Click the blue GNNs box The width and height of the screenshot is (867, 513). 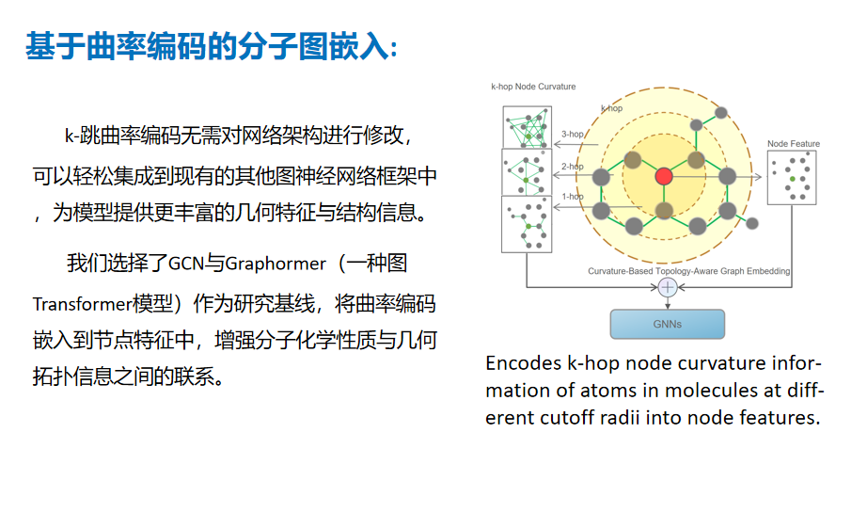(667, 324)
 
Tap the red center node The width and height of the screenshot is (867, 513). (664, 176)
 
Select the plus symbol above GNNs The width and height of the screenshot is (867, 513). (668, 287)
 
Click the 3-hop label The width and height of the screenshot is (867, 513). (573, 134)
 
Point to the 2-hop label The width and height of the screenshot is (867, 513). (573, 166)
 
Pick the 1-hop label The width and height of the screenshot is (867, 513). (573, 197)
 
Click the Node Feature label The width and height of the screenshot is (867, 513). (794, 144)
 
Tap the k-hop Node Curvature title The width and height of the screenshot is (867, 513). (533, 87)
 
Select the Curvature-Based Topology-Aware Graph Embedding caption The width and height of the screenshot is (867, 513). (688, 271)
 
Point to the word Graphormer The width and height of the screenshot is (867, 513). (276, 264)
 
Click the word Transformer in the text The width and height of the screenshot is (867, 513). (83, 304)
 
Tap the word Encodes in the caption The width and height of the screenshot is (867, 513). (524, 363)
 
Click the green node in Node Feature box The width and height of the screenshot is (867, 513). (793, 179)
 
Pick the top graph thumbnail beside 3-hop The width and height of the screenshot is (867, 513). (527, 127)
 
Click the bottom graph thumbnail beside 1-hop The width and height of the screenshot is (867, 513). (527, 224)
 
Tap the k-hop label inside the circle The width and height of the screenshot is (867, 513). (611, 108)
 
